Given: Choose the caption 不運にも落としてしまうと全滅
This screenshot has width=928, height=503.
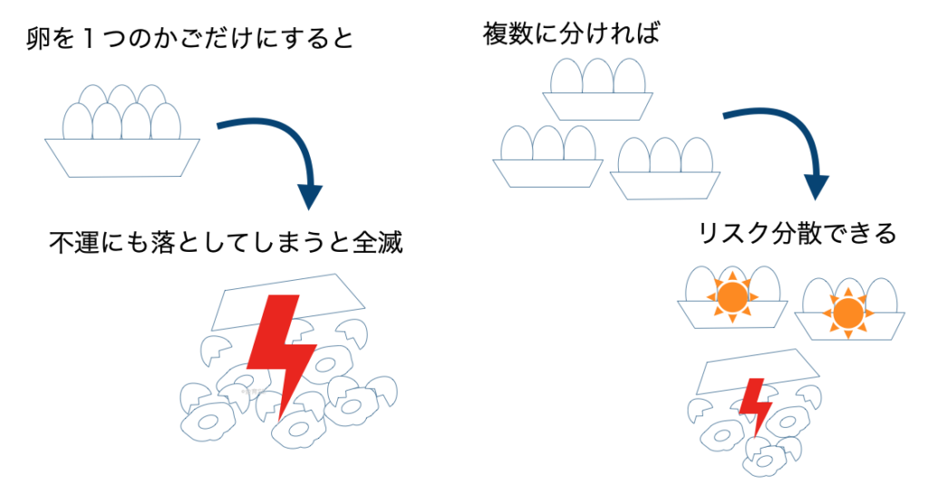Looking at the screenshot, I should [x=226, y=243].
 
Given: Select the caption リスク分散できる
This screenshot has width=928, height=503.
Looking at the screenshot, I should [x=797, y=234].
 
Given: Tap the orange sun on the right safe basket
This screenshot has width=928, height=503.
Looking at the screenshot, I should [x=846, y=314].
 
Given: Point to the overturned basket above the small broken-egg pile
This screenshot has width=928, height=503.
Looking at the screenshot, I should [x=762, y=372].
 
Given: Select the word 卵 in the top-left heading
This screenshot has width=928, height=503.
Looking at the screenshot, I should [x=38, y=39].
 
